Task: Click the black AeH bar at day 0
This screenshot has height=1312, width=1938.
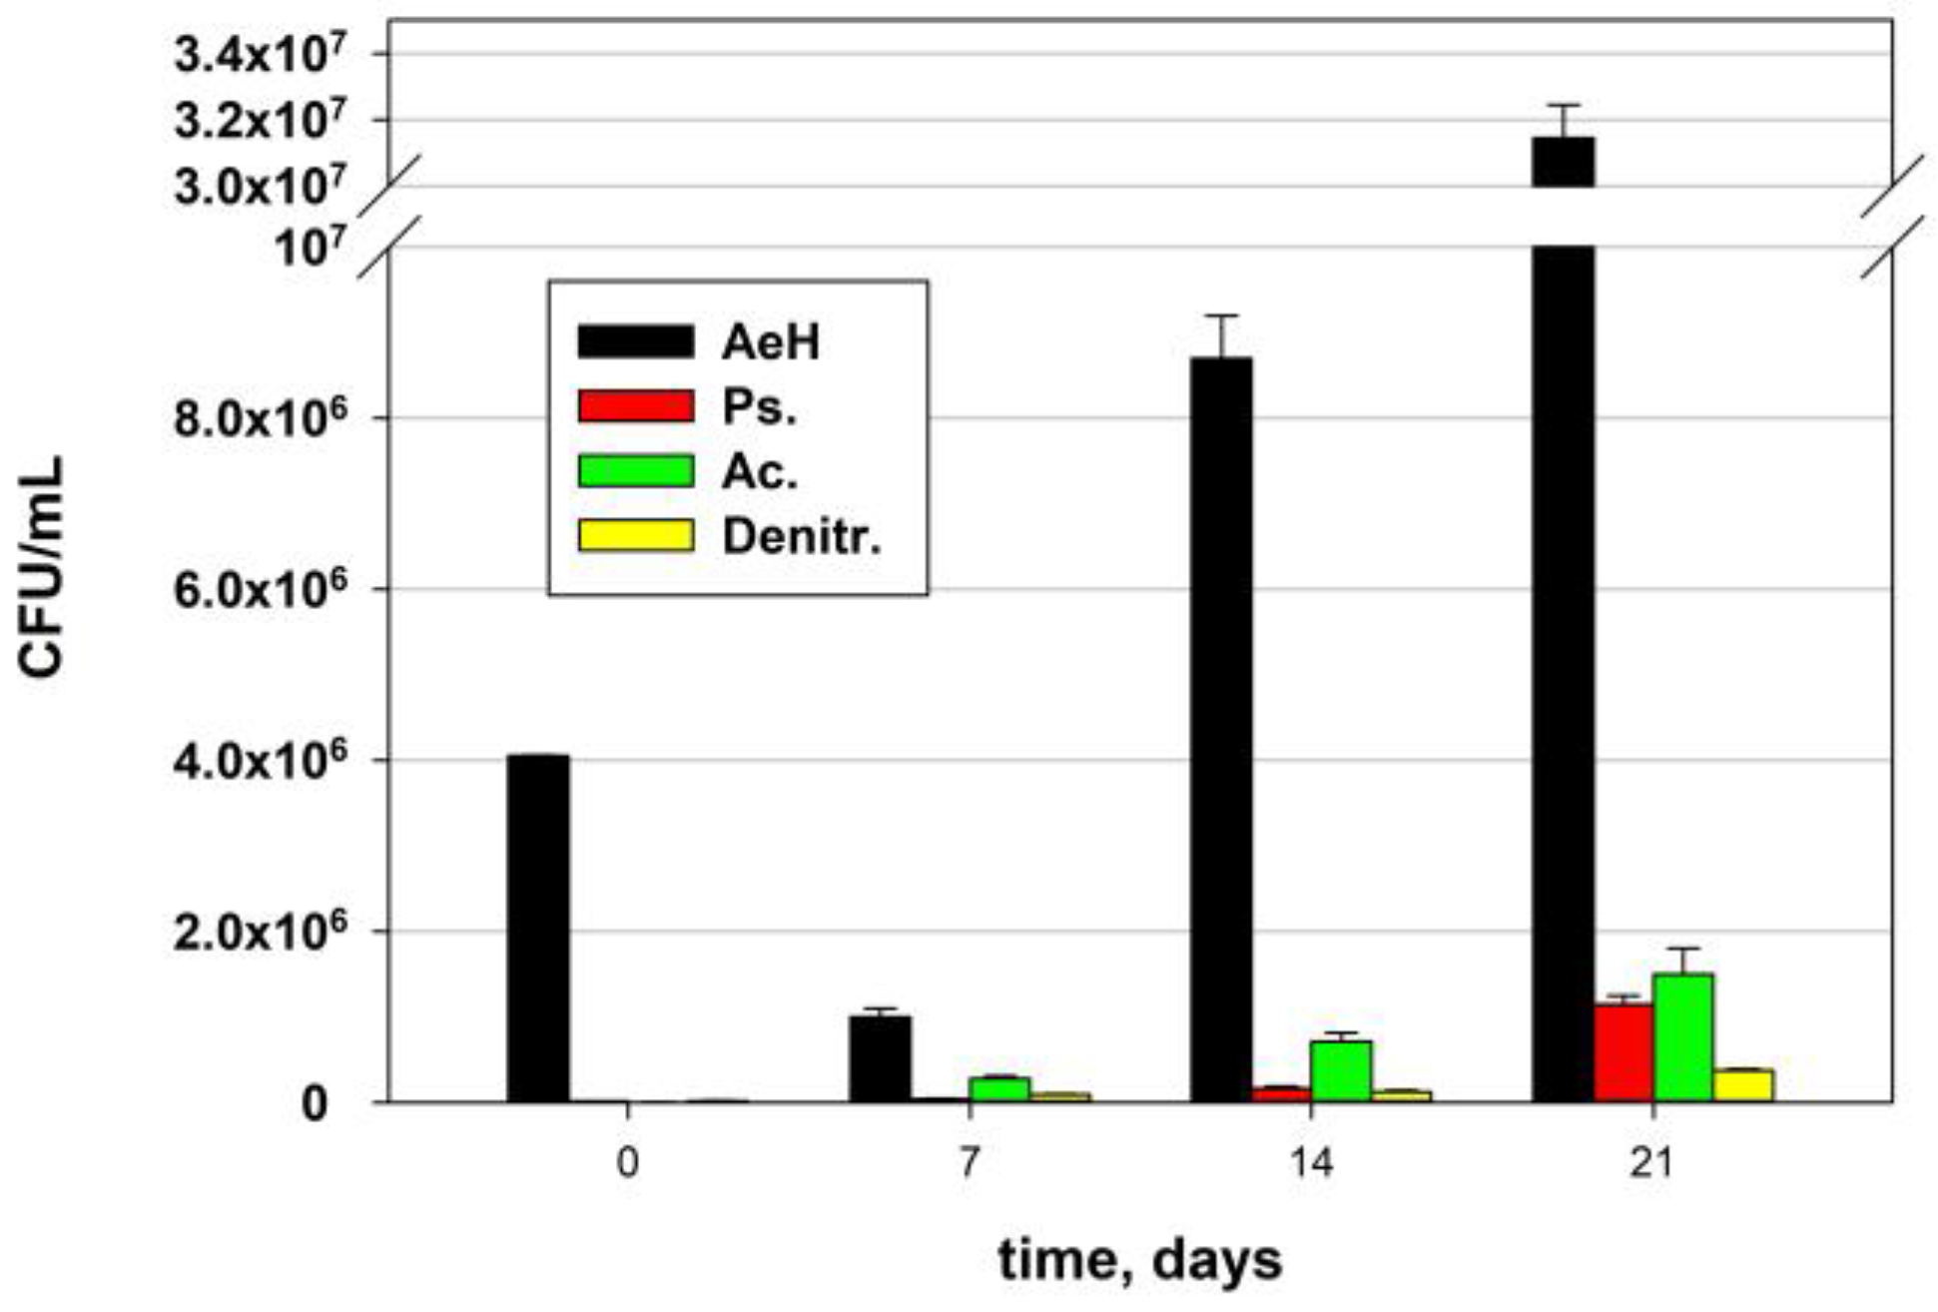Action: tap(537, 929)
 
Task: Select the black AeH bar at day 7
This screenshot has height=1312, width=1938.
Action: tap(880, 1058)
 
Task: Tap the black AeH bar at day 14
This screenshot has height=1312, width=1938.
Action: tap(1221, 729)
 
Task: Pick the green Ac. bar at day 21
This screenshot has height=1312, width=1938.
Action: tap(1682, 1038)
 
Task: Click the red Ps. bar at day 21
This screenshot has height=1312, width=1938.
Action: tap(1623, 1053)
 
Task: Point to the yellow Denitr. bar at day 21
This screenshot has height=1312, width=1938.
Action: tap(1743, 1085)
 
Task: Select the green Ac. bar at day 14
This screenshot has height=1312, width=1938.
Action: tap(1341, 1071)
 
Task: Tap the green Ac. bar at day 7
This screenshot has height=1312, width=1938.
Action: tap(999, 1089)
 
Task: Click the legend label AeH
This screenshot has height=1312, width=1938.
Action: tap(770, 342)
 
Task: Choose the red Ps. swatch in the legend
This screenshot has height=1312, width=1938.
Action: tap(635, 406)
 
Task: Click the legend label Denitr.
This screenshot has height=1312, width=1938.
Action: tap(802, 537)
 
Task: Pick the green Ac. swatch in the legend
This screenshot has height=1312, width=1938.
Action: tap(635, 471)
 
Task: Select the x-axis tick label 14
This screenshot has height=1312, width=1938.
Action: tap(1310, 1164)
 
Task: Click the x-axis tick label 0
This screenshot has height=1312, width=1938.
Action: tap(626, 1164)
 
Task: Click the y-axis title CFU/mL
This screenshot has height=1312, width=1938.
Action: tap(42, 567)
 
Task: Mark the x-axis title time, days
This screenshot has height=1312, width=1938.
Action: tap(1139, 1260)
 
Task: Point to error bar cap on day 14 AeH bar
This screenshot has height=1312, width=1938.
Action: tap(1221, 316)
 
